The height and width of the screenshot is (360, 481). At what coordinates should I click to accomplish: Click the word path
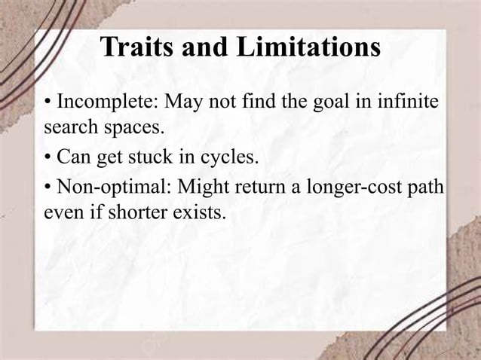point(427,188)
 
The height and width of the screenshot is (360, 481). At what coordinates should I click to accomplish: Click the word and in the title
point(206,48)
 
